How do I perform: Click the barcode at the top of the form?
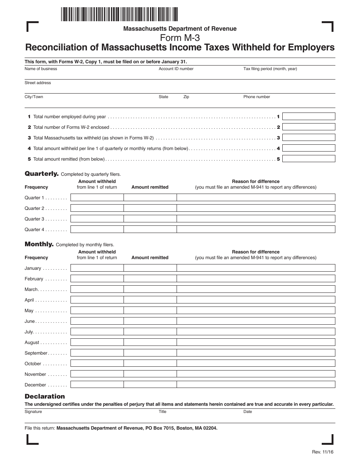click(119, 14)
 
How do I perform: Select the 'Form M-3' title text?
click(180, 38)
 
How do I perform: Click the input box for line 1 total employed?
click(308, 116)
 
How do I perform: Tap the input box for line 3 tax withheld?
click(308, 138)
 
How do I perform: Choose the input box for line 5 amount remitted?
click(308, 159)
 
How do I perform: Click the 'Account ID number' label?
click(176, 69)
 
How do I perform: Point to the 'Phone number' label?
click(257, 97)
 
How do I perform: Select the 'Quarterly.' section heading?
click(42, 174)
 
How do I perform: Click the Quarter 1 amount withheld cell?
click(97, 197)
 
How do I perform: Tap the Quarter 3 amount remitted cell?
click(150, 219)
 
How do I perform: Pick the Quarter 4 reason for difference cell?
click(256, 229)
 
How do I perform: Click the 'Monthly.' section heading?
click(39, 244)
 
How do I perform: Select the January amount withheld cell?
click(97, 268)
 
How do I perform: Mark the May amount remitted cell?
click(150, 310)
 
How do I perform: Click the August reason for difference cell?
click(256, 342)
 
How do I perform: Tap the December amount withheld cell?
click(97, 385)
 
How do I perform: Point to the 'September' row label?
click(36, 353)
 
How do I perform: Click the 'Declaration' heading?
click(45, 396)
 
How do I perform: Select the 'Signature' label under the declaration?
click(34, 412)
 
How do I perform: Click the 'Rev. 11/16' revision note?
click(323, 452)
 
